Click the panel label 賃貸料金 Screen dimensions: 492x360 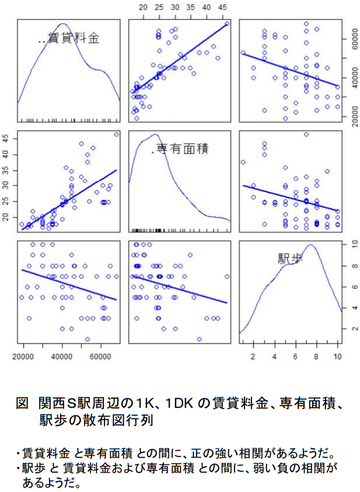pyautogui.click(x=76, y=39)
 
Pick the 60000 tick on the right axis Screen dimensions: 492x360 pyautogui.click(x=349, y=39)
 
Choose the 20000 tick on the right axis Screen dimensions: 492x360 pyautogui.click(x=349, y=117)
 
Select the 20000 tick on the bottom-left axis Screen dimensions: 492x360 pyautogui.click(x=24, y=354)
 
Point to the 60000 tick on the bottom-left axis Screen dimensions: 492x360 pyautogui.click(x=101, y=354)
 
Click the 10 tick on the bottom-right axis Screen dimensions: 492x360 pyautogui.click(x=337, y=354)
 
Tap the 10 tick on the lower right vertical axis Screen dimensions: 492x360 pyautogui.click(x=349, y=244)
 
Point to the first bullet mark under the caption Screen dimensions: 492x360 pyautogui.click(x=18, y=453)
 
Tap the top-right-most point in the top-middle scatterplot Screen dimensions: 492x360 pyautogui.click(x=226, y=24)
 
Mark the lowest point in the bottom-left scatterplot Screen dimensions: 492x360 pyautogui.click(x=87, y=339)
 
